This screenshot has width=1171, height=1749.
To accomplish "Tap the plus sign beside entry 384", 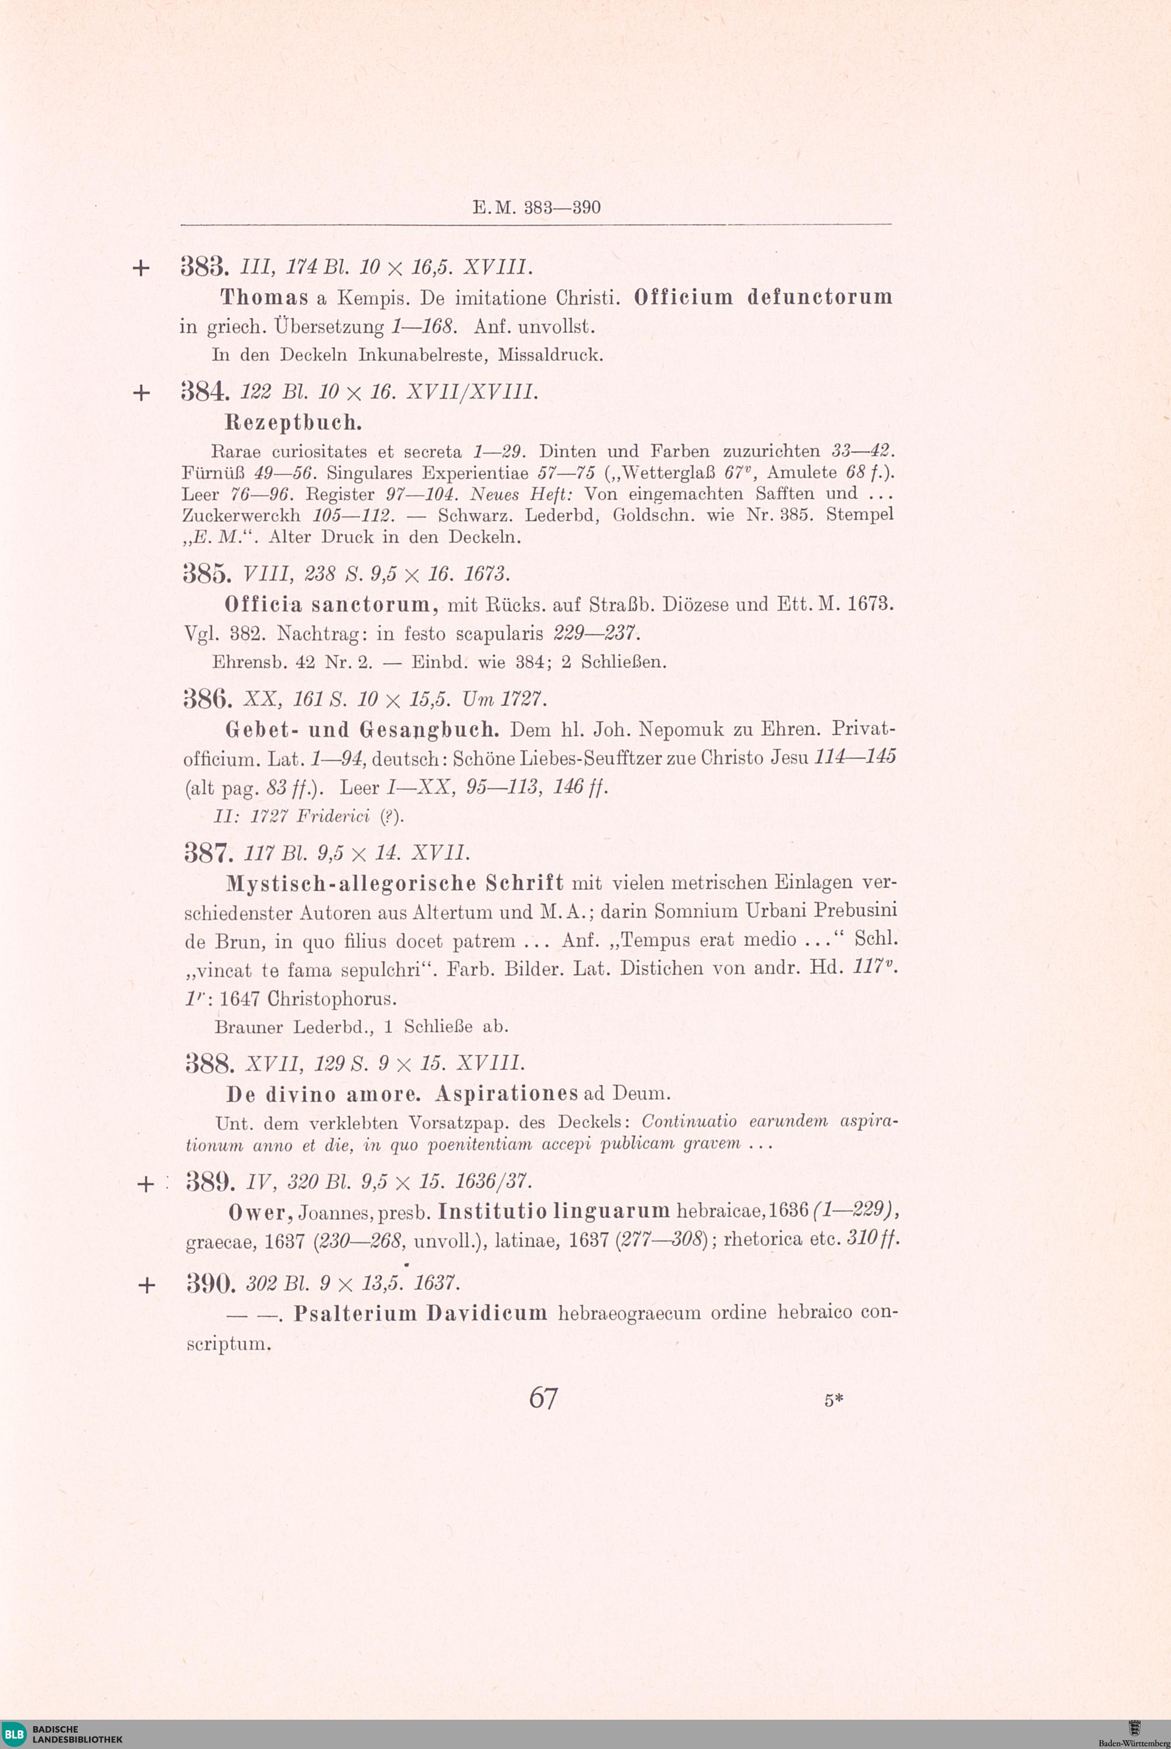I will [141, 392].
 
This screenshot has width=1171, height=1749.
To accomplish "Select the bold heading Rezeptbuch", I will [293, 423].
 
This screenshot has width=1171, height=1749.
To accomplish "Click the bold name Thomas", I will [265, 298].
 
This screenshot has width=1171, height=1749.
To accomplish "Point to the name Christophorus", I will [331, 998].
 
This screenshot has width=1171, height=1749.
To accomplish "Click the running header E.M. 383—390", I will [536, 208].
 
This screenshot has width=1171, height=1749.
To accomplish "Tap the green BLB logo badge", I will [14, 1733].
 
